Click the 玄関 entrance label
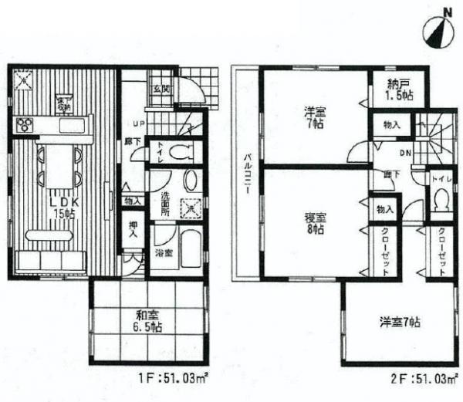(x=161, y=90)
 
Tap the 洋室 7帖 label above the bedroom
(x=315, y=122)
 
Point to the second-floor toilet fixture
(x=441, y=203)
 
